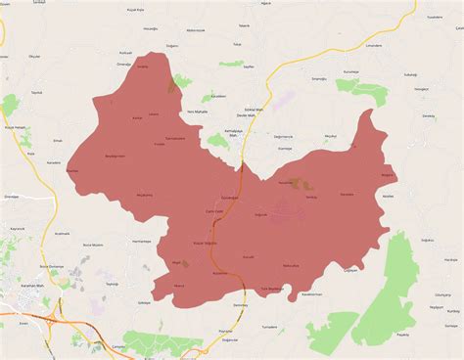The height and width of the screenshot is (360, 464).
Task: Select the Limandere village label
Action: click(373, 44)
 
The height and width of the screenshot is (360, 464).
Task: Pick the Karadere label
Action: click(55, 162)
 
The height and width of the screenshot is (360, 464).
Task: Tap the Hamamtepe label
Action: click(142, 241)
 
